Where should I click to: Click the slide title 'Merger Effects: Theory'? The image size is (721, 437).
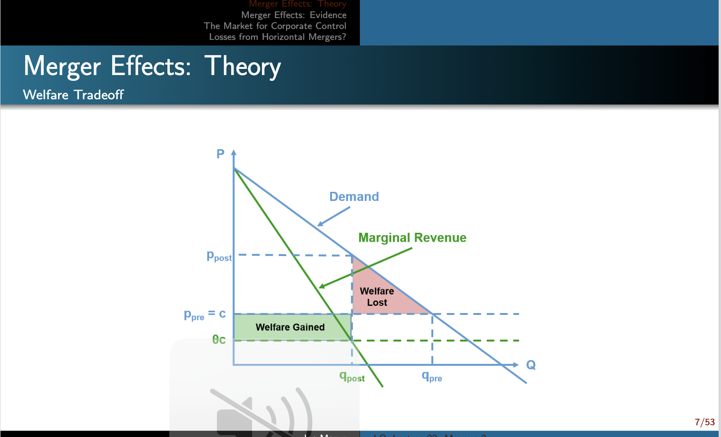click(152, 66)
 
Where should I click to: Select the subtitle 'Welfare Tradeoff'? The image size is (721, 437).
click(73, 95)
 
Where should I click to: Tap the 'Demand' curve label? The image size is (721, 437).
click(354, 197)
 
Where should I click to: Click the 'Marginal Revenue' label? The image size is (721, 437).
click(412, 237)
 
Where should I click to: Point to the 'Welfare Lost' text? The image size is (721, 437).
click(377, 297)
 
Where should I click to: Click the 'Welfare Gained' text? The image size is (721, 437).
click(290, 327)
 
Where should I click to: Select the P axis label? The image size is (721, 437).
click(220, 154)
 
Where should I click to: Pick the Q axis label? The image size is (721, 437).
click(531, 365)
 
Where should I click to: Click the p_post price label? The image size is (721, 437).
click(219, 256)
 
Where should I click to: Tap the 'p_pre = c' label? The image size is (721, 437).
click(205, 314)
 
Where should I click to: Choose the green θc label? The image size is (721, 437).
click(219, 340)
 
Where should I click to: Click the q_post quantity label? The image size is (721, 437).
click(352, 377)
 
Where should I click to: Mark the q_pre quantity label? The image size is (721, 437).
click(432, 377)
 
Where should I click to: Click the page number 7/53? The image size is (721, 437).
click(704, 422)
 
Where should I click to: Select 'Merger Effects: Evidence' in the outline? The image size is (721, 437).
click(293, 15)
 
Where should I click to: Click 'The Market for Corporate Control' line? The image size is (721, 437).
click(275, 26)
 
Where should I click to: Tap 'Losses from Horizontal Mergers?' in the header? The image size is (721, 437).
click(277, 37)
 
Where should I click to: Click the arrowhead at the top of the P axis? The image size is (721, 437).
click(234, 152)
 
